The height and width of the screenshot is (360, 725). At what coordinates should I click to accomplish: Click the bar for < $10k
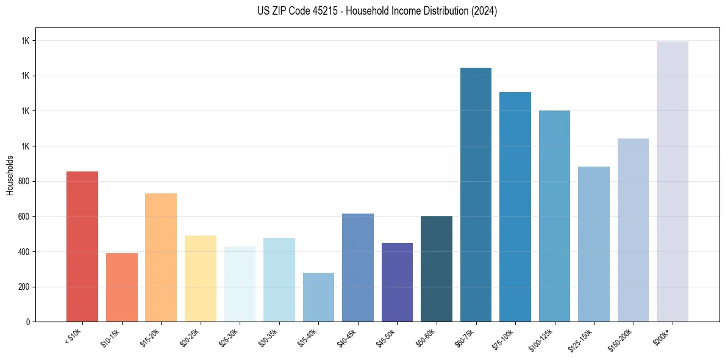point(82,247)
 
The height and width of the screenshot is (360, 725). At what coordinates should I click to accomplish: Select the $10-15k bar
point(121,287)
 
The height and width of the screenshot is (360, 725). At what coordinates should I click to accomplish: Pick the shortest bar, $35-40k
point(318,297)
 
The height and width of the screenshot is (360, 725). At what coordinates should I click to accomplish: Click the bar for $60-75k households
point(476,195)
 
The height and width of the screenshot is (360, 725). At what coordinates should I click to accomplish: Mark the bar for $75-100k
point(515,207)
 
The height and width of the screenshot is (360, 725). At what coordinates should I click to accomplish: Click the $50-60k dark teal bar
point(437,268)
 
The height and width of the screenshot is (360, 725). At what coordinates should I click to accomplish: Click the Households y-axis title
point(10,175)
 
